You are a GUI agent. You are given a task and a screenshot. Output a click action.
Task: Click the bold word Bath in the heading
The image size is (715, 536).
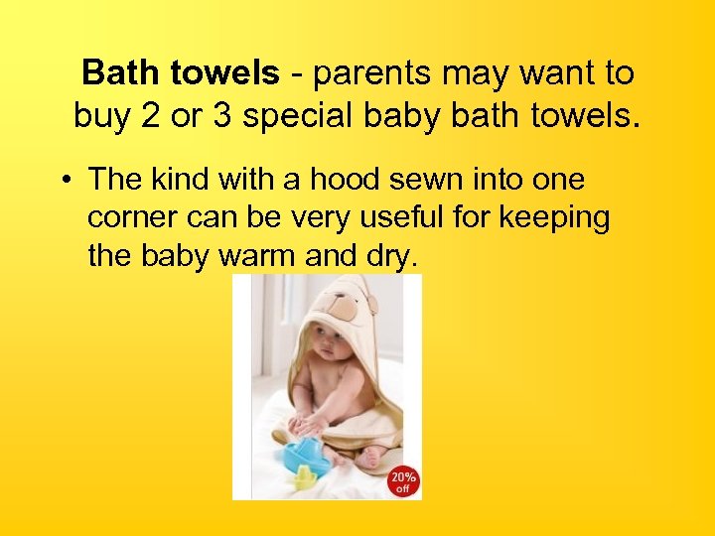pos(112,72)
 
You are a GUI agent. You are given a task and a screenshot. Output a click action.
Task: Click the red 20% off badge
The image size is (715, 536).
pos(401,478)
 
